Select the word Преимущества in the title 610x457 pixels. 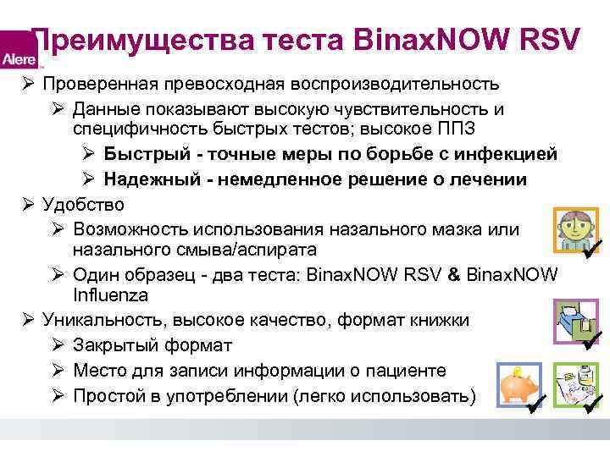point(125,39)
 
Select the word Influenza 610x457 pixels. point(110,296)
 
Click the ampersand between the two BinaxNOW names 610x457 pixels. point(453,275)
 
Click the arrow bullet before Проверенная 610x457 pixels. point(29,85)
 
